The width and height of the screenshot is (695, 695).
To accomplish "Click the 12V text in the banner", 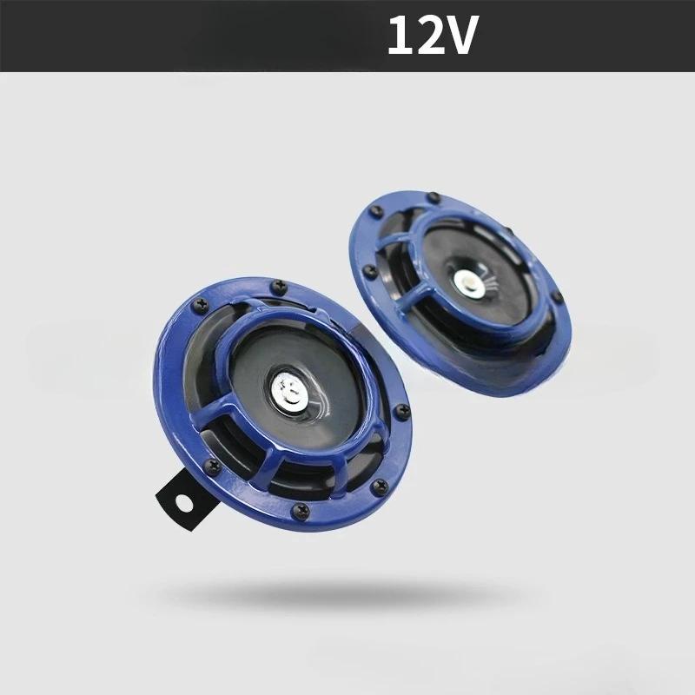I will click(434, 36).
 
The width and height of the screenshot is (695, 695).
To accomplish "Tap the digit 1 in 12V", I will click(401, 36).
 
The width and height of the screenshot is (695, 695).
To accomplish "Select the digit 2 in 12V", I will click(431, 36).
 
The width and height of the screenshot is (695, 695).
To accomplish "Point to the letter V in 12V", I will click(464, 36).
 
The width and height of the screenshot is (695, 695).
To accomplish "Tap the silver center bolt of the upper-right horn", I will click(467, 282).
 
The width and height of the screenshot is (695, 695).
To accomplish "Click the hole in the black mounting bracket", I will click(183, 502).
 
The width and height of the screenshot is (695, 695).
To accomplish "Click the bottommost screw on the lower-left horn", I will click(301, 510).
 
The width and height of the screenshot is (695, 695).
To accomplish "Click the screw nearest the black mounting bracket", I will click(212, 468).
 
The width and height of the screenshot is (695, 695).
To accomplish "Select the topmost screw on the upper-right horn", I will click(433, 198).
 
